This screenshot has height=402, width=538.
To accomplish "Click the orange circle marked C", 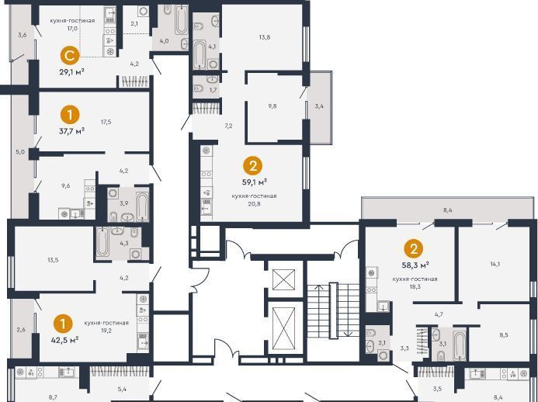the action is click(x=70, y=56).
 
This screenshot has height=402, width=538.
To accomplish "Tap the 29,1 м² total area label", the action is click(x=71, y=72).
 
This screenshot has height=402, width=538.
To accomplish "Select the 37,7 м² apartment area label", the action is click(x=71, y=130).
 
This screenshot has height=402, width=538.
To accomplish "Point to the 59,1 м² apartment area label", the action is click(x=254, y=182).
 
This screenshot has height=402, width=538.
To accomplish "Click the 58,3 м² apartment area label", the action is click(x=415, y=265).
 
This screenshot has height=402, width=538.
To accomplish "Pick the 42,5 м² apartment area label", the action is click(x=65, y=339).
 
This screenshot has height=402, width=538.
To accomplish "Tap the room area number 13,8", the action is click(x=264, y=37).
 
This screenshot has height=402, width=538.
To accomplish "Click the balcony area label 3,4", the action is click(x=319, y=106).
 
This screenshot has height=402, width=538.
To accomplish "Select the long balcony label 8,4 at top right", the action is click(x=447, y=210).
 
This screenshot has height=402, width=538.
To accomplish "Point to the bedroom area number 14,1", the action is click(x=495, y=264).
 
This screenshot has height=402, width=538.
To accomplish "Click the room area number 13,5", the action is click(x=53, y=260).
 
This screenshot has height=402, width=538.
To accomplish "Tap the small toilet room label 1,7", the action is click(x=213, y=90).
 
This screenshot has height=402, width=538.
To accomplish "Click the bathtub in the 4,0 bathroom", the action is click(x=181, y=20).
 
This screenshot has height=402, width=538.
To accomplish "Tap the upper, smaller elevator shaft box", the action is click(x=284, y=279).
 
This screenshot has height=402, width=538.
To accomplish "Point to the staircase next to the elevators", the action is click(x=333, y=310).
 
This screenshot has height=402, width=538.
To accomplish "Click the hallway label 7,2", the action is click(x=228, y=126).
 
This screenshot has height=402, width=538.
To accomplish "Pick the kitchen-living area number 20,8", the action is click(x=254, y=203).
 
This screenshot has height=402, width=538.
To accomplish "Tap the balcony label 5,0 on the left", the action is click(x=21, y=151).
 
